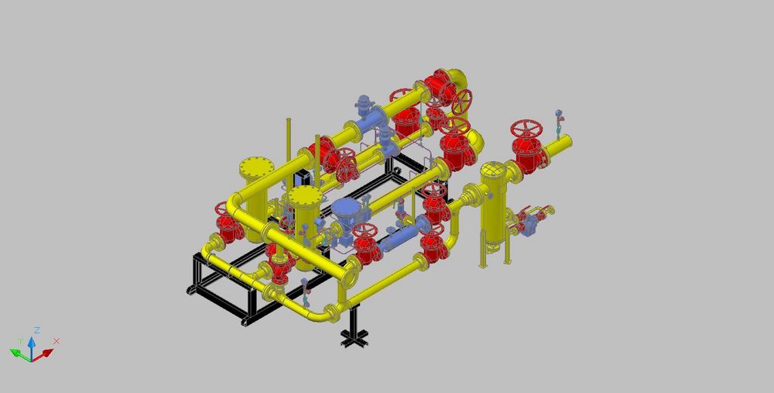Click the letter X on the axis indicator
[x=57, y=341]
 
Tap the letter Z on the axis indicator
[x=37, y=330]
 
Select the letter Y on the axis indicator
[x=20, y=341]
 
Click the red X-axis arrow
[x=43, y=354]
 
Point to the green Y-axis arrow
[x=20, y=354]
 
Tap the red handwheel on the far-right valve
[x=526, y=129]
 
